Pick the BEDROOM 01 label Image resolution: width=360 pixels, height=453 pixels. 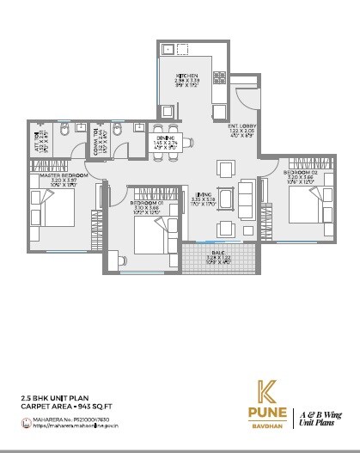pos(148,204)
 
